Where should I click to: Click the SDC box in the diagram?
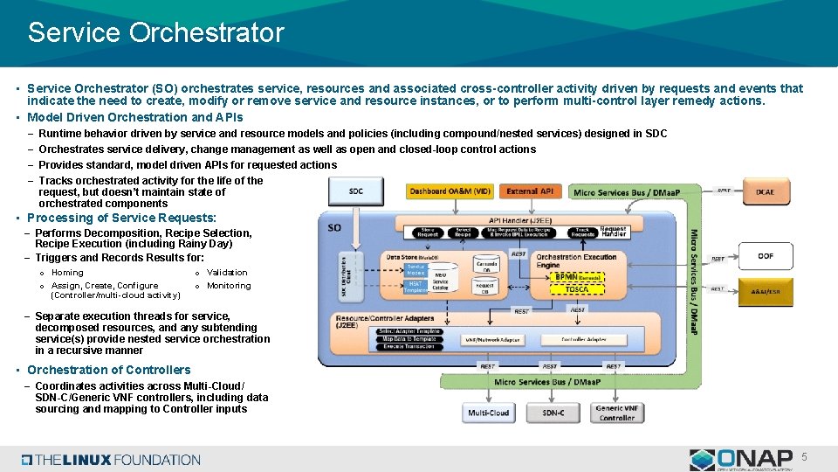tap(355, 191)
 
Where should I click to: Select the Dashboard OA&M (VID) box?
tap(450, 191)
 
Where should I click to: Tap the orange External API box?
tap(530, 191)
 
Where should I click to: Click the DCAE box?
tap(765, 191)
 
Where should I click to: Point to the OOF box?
tap(765, 256)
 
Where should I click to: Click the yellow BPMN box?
tap(576, 276)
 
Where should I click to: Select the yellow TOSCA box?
tap(576, 289)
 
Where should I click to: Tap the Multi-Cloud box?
tap(488, 413)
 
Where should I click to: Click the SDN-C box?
tap(553, 413)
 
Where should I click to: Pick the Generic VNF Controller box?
tap(617, 413)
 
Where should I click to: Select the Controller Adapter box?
tap(585, 338)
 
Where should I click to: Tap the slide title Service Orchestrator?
tap(155, 33)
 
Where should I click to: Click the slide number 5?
tap(805, 456)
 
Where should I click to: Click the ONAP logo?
tap(742, 459)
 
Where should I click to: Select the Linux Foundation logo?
tap(111, 460)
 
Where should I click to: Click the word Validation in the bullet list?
tap(227, 273)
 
